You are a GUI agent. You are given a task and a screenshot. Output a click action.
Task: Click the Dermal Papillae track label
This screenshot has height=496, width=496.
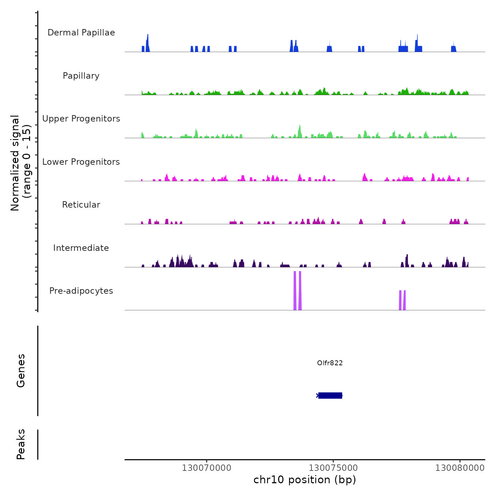point(81,33)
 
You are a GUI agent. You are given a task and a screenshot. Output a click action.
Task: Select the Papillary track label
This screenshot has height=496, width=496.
point(81,76)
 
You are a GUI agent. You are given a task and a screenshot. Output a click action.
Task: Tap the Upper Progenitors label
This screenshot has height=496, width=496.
point(81,119)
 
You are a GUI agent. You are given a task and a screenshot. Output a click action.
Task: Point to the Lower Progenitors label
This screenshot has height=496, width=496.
point(81,162)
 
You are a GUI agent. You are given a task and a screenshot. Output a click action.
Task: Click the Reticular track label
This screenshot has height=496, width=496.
point(81,205)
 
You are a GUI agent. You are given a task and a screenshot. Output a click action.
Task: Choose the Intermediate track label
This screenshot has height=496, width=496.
point(81,248)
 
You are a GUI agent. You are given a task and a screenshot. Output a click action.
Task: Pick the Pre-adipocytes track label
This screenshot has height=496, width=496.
point(81,291)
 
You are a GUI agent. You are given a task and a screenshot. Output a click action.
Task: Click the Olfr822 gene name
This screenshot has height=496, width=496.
point(330,363)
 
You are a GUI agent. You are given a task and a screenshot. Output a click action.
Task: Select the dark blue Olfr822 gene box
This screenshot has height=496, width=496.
point(330,395)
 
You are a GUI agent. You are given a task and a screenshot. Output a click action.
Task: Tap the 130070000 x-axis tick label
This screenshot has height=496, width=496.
point(207,468)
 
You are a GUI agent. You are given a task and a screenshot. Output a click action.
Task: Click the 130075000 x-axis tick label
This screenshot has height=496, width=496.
point(333,468)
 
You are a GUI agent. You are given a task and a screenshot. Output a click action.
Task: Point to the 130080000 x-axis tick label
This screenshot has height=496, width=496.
point(460,468)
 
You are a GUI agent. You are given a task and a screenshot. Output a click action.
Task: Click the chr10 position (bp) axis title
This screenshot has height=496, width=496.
point(305,480)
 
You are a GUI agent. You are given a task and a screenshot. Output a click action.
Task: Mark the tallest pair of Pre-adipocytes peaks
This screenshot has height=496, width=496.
point(298,291)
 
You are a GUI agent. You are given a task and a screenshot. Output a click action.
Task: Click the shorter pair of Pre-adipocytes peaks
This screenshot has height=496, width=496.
point(402,300)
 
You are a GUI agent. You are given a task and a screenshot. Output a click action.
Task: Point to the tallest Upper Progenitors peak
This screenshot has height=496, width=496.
point(300,131)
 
